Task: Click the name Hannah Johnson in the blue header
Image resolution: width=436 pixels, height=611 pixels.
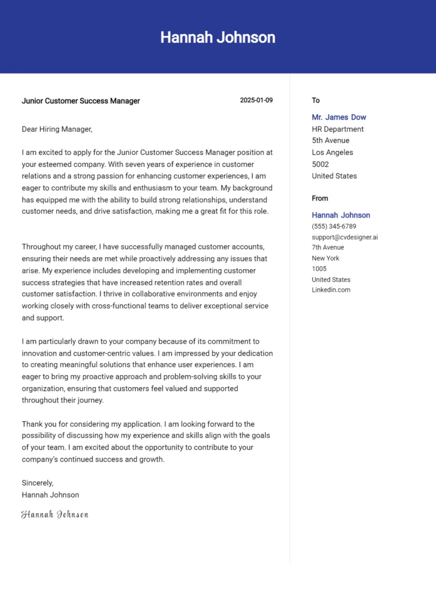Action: point(217,38)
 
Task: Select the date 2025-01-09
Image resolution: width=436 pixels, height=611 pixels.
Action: point(256,100)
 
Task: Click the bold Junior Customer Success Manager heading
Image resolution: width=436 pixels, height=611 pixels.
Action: point(81,101)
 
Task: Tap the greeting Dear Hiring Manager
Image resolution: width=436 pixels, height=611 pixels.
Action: point(57,129)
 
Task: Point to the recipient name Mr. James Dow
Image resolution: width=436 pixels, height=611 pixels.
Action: point(339,118)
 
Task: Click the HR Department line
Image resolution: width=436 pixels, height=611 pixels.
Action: point(337,129)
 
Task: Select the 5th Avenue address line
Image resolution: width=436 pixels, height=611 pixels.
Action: point(330,141)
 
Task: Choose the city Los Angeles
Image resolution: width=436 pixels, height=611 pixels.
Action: point(332,152)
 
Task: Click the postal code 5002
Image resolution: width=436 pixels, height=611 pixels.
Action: point(320,164)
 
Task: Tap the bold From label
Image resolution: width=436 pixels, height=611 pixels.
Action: point(320,198)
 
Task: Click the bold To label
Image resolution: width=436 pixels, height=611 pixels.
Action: point(316,100)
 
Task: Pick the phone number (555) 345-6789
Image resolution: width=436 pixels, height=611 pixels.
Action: point(334,227)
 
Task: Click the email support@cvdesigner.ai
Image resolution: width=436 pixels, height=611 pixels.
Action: point(345,237)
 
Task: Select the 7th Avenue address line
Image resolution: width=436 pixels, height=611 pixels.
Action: point(328,248)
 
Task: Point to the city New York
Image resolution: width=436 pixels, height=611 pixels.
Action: point(326,258)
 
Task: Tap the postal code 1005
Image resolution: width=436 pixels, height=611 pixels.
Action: point(320,269)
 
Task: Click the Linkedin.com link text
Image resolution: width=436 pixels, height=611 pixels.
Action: point(331,290)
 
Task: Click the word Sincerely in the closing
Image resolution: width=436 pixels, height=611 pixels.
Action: point(38,483)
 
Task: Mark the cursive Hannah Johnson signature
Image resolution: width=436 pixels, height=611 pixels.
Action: point(55,514)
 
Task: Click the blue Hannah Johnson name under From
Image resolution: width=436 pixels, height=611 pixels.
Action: point(340,215)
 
